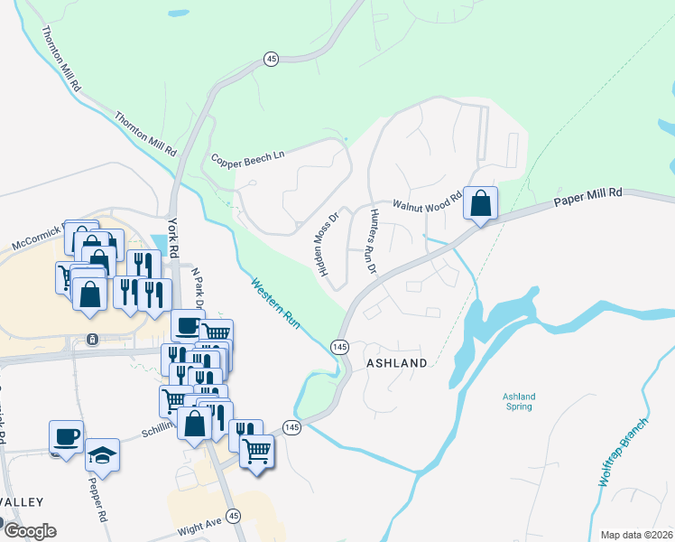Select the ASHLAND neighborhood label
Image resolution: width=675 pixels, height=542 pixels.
[x=396, y=363]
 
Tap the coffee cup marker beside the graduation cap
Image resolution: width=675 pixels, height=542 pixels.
[x=67, y=436]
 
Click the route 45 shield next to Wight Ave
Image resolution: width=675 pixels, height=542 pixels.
[x=234, y=515]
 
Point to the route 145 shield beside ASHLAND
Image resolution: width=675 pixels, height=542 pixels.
[x=340, y=347]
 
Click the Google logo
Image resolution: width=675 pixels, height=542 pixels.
[x=30, y=530]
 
